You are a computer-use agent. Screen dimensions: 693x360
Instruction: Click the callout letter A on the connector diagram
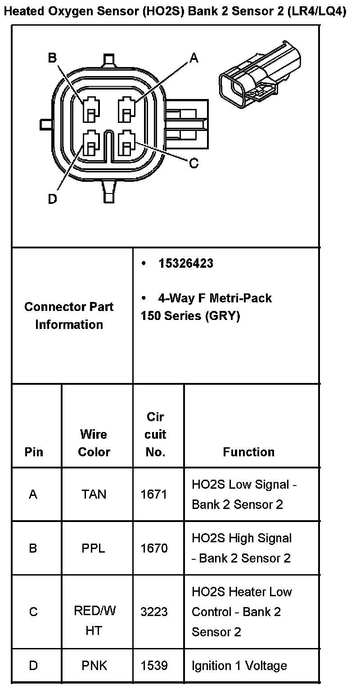point(194,58)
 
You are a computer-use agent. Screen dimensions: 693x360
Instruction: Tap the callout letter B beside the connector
point(53,58)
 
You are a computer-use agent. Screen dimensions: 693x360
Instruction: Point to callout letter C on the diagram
point(194,163)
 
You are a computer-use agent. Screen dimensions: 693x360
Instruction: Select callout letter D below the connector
point(53,199)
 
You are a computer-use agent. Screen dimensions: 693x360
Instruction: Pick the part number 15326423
point(186,263)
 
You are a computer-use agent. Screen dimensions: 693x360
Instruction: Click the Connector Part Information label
point(69,315)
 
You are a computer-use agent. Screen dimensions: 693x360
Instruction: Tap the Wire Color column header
point(94,443)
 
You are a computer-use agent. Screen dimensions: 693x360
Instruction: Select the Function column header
point(248,452)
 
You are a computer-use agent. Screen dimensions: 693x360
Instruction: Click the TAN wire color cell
point(94,495)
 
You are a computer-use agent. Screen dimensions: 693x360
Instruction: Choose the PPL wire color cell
point(94,548)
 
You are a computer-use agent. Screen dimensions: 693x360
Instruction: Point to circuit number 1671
point(154,495)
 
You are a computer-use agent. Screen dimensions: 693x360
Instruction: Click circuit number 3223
point(154,612)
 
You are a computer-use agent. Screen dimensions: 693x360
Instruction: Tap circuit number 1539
point(154,666)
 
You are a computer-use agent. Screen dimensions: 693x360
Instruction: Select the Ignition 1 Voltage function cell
point(239,666)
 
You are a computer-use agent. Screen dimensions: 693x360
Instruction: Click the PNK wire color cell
point(94,666)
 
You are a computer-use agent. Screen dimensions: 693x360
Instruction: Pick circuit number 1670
point(154,548)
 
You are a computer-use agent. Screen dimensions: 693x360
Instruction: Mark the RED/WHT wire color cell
point(94,621)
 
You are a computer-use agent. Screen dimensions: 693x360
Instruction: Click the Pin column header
point(34,452)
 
